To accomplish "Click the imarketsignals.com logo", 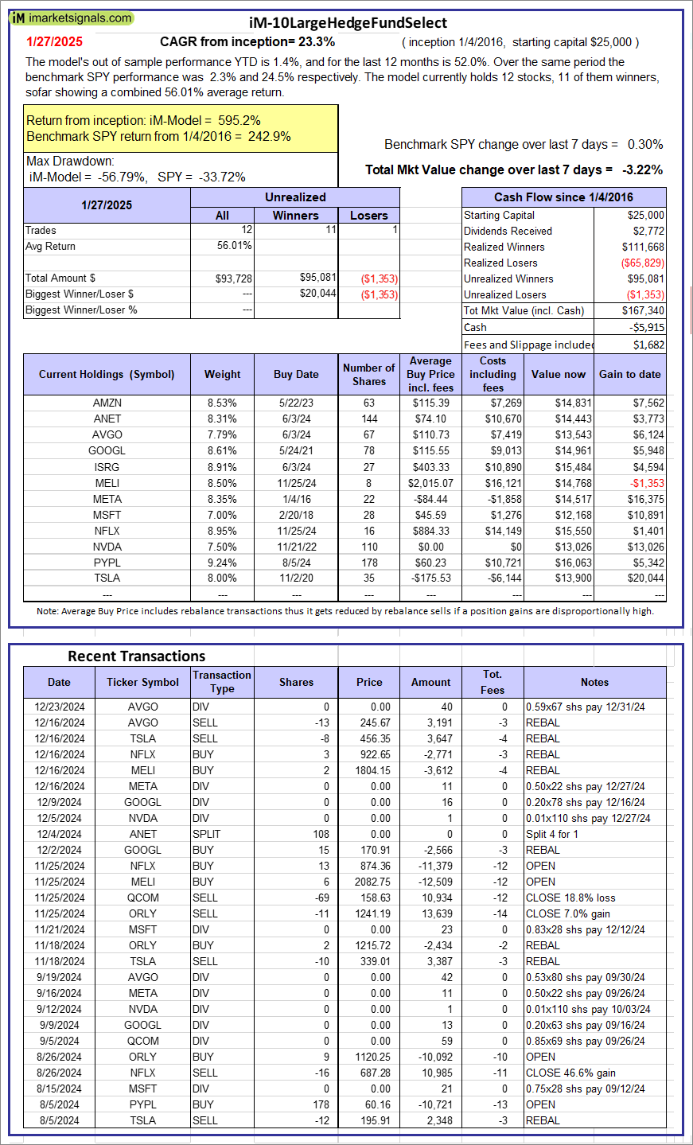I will click(x=72, y=18).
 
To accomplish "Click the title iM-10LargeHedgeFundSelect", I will click(x=348, y=23).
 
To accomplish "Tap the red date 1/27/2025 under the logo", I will click(x=54, y=42).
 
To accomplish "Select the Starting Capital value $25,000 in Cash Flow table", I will click(x=645, y=215).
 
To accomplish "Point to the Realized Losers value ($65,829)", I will click(x=643, y=263).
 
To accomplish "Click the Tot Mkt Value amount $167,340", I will click(x=643, y=310).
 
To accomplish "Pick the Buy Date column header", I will click(x=296, y=374).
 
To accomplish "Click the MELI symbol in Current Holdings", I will click(x=107, y=483).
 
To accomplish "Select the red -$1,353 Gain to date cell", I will click(x=647, y=483).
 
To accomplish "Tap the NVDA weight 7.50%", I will click(x=222, y=547).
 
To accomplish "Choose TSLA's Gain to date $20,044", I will click(x=644, y=578).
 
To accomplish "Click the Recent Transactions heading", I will click(x=137, y=656).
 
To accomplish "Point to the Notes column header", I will click(x=594, y=682).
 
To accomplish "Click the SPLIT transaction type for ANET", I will click(x=207, y=834).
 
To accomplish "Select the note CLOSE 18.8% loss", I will click(x=570, y=898).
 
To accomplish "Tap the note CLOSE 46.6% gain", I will click(x=570, y=1073).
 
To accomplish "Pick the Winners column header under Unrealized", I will click(x=295, y=215).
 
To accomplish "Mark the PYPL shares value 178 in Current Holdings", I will click(x=369, y=563).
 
